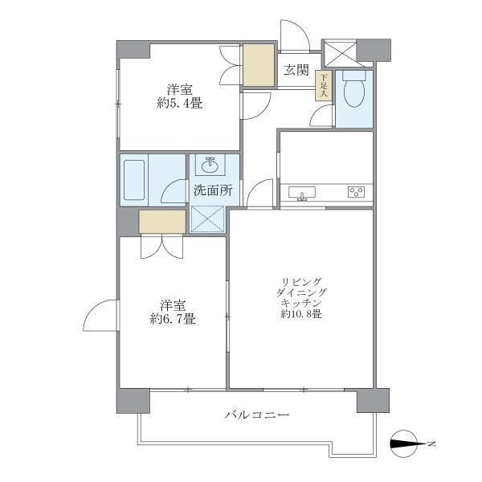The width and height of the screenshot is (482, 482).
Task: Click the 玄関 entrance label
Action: point(296,71)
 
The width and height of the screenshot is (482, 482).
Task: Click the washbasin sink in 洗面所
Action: point(211,166)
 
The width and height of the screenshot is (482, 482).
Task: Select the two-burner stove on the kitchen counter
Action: point(356,192)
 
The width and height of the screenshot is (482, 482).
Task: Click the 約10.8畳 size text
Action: point(302,314)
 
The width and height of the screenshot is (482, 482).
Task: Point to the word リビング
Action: point(302,280)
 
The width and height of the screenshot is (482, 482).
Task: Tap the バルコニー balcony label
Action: point(256,416)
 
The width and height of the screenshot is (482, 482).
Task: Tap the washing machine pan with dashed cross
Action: point(209,218)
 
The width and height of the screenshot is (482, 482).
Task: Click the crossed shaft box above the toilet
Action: point(339,52)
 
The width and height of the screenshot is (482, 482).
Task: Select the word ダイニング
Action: point(302,292)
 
